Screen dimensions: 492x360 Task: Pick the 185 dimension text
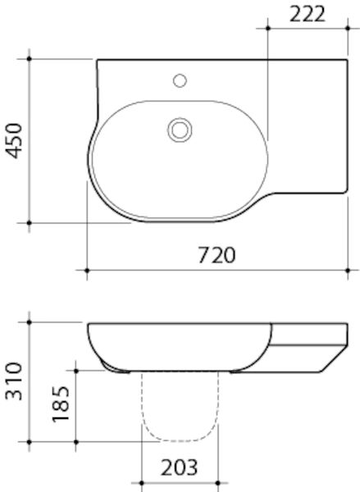click(x=60, y=405)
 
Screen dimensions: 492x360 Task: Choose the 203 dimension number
click(x=179, y=468)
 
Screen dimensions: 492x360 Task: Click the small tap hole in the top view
click(x=180, y=81)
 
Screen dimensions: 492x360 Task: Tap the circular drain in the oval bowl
click(x=180, y=129)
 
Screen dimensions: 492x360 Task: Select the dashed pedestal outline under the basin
click(x=180, y=410)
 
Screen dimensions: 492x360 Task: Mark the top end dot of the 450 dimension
click(x=30, y=59)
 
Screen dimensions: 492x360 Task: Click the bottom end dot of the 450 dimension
click(x=30, y=222)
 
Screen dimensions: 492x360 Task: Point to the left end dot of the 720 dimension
click(x=88, y=269)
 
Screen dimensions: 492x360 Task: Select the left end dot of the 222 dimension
click(x=268, y=28)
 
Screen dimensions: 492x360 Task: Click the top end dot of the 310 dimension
click(x=30, y=323)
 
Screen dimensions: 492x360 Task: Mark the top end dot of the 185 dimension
click(x=76, y=370)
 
